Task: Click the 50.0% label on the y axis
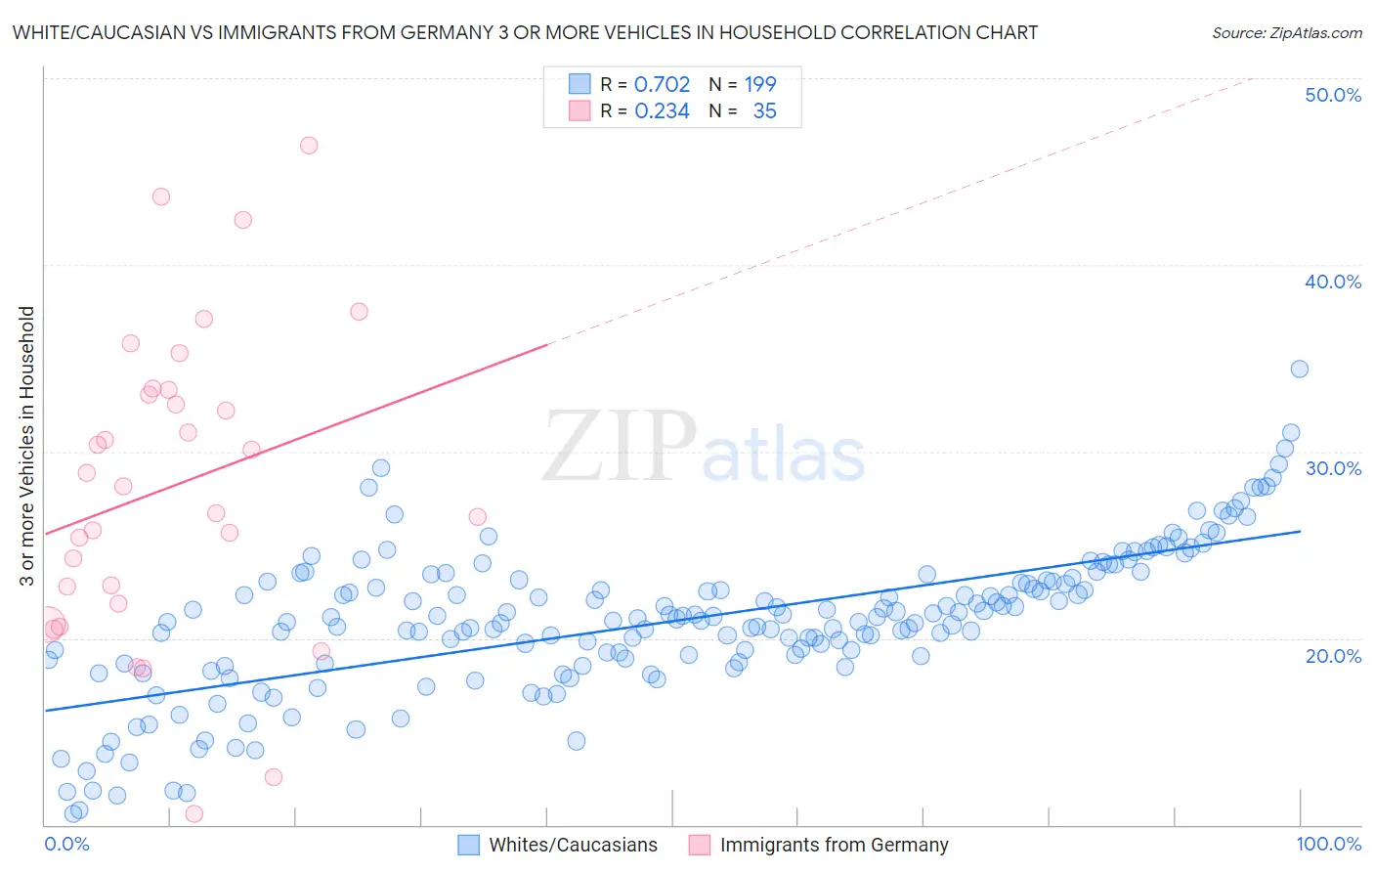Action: pos(1332,95)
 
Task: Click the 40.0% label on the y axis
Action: pos(1332,282)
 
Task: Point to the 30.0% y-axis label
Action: pos(1332,468)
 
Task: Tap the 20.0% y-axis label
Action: pos(1332,655)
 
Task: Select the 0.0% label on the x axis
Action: pos(66,844)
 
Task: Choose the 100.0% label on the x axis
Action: pos(1328,844)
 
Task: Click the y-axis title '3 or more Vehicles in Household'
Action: pos(26,446)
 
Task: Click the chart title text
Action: pos(525,32)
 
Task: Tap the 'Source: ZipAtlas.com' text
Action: pos(1286,32)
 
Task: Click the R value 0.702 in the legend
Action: pos(662,84)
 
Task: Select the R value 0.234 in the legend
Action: pos(662,111)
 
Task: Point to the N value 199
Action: pos(759,84)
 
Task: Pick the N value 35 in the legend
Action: pos(764,111)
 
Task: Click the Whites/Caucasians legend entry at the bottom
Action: pos(573,845)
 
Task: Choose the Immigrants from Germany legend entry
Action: pos(834,845)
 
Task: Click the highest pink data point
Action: pos(309,146)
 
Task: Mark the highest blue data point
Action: pos(1299,369)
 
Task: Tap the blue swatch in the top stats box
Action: pos(580,84)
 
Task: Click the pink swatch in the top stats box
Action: pos(580,111)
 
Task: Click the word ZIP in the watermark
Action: pos(620,447)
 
